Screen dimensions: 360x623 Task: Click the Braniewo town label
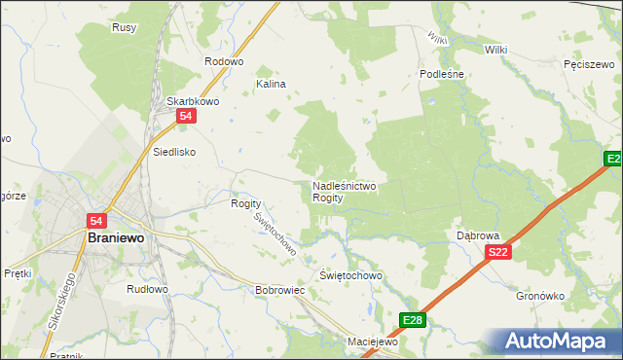coord(116,238)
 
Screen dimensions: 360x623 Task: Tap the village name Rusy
coord(124,27)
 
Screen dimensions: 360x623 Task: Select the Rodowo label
coord(223,60)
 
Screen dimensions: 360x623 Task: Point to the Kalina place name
coord(271,85)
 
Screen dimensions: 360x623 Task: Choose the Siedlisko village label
coord(175,152)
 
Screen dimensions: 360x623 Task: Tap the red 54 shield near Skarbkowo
coord(189,117)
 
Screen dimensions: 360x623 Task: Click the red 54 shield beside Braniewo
coord(96,222)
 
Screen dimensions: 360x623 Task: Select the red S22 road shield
coord(497,252)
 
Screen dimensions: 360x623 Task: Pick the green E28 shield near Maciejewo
coord(413,320)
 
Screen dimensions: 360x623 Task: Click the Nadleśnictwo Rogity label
coord(345,191)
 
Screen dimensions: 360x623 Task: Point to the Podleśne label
coord(444,74)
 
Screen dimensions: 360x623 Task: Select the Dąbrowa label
coord(478,236)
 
